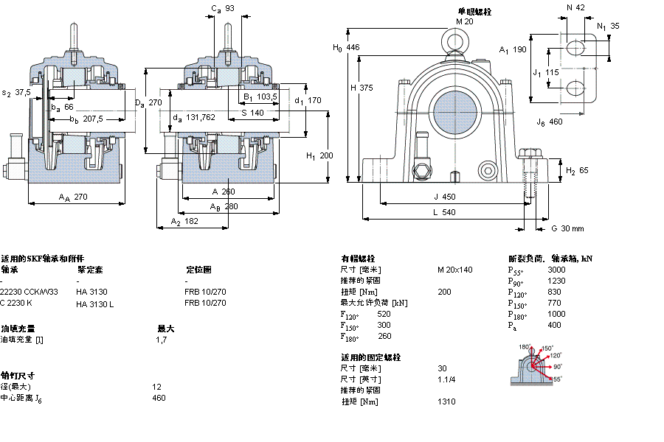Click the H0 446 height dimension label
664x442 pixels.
(x=346, y=48)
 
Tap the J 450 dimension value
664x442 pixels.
(x=444, y=197)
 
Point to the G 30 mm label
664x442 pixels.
(x=567, y=228)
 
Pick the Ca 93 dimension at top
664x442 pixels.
(x=223, y=9)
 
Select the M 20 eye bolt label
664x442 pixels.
(x=463, y=21)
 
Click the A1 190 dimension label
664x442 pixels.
(x=513, y=50)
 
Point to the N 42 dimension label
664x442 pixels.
(x=575, y=7)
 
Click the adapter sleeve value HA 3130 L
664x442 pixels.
(x=95, y=304)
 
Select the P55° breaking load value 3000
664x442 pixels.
(x=556, y=270)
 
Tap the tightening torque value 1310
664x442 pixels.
(x=446, y=401)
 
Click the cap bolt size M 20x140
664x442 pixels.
(x=454, y=270)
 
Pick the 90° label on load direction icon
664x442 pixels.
(x=558, y=366)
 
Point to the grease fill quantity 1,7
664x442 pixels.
(x=162, y=340)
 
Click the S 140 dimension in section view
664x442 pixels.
(x=252, y=113)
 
